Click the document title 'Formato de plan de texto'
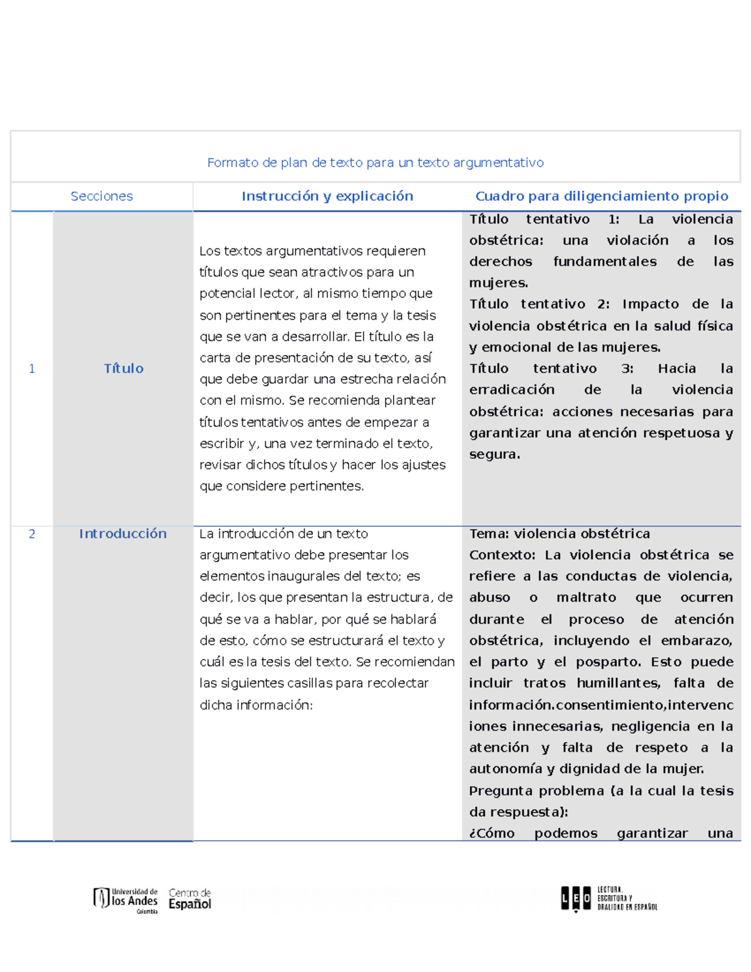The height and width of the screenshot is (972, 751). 375,163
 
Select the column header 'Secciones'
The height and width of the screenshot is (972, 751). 101,197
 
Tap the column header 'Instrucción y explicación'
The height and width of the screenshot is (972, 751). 327,197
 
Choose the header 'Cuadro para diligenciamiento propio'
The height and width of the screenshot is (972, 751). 601,197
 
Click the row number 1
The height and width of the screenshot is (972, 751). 32,369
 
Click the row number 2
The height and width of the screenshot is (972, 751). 32,534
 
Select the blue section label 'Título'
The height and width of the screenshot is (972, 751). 123,369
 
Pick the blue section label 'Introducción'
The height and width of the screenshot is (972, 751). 123,534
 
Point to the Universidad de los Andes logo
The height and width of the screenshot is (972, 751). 126,899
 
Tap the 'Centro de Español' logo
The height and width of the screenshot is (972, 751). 190,899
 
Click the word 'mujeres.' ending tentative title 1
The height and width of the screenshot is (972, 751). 498,283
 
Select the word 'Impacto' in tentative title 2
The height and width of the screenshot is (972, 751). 650,304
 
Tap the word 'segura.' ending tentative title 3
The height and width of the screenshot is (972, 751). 494,454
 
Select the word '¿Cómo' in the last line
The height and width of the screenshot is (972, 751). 492,833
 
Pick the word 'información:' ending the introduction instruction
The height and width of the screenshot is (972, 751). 256,705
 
